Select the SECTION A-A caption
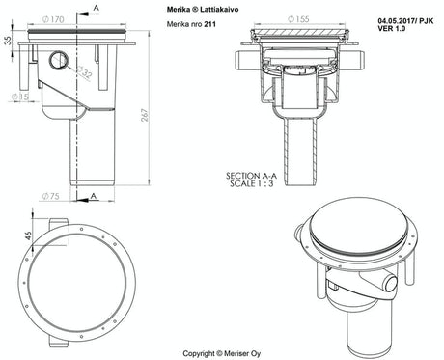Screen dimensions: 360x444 click(x=253, y=176)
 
